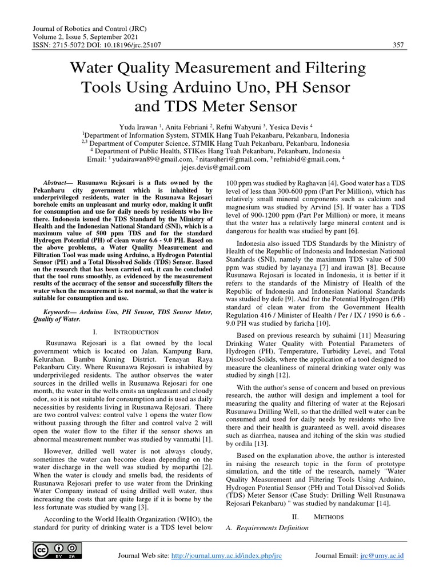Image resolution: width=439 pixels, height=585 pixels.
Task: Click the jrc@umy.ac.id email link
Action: click(382, 555)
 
